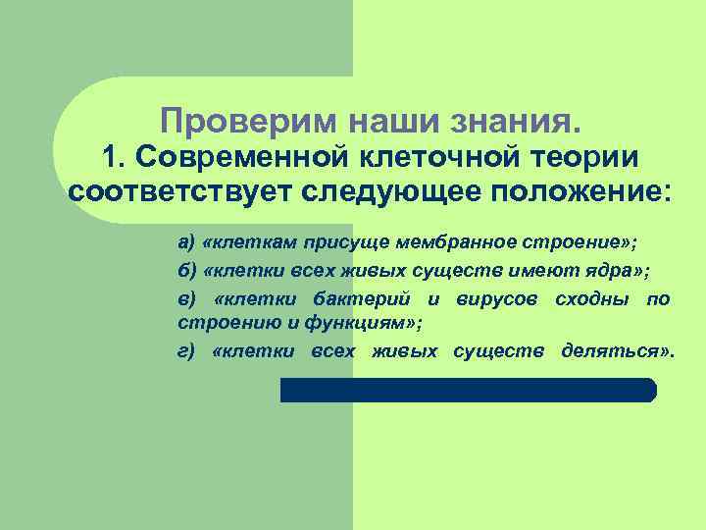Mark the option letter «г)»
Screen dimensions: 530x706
[x=186, y=351]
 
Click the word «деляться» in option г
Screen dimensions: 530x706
[x=614, y=351]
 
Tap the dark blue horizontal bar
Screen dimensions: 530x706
[x=468, y=390]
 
